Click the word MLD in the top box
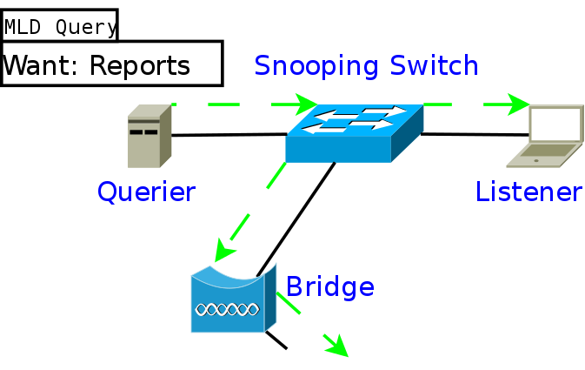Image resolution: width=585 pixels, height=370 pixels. point(23,27)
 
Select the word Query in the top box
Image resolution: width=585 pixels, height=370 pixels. point(87,28)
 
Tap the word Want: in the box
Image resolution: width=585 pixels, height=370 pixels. point(39,65)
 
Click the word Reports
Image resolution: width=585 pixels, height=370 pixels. point(140,66)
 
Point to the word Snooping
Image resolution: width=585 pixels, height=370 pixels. point(316,66)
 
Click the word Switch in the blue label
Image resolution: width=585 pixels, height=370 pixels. point(434,65)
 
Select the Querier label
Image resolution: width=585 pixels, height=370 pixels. point(146,192)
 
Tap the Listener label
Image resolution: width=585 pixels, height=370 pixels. point(529,192)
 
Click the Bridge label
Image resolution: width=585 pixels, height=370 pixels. point(329,286)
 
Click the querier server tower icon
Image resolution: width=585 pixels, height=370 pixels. point(150,136)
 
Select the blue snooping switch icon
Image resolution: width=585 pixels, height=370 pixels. point(355,133)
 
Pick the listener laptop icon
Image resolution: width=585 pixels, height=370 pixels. point(545,136)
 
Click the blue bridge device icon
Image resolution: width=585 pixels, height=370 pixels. point(234,299)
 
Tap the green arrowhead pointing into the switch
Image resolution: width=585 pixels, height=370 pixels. point(305,104)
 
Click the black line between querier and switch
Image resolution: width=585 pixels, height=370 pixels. point(229,135)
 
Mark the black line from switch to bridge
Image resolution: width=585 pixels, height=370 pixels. point(296,219)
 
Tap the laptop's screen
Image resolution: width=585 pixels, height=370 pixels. point(555,124)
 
